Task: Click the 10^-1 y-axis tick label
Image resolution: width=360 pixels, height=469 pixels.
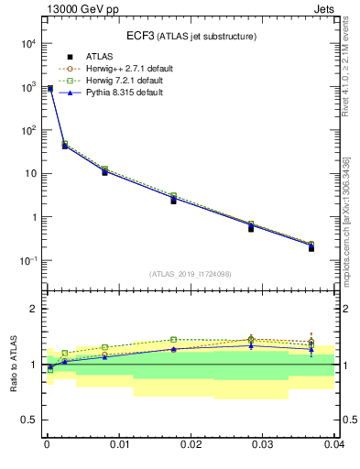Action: click(x=27, y=261)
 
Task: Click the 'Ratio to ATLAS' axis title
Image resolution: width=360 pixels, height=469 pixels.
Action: click(x=12, y=364)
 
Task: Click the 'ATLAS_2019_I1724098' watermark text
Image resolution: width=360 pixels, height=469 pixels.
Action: click(x=191, y=273)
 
